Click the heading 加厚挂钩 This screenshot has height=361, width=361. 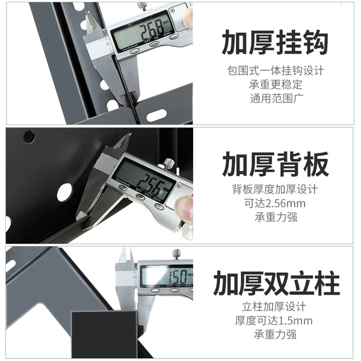275,43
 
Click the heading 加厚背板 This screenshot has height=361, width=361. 276,164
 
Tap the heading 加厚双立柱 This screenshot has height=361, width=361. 276,283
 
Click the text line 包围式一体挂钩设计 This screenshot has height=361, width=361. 276,70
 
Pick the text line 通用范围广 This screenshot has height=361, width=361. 277,98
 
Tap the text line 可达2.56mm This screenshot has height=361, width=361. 275,203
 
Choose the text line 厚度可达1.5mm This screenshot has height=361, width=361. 274,321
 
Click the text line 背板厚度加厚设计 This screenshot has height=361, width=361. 275,190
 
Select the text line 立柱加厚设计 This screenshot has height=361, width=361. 274,307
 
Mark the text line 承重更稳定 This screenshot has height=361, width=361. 276,84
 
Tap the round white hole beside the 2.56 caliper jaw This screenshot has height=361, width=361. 64,192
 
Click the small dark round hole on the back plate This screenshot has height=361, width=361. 29,137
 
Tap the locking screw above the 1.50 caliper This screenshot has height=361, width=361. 176,254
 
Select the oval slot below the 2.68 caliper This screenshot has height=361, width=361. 156,115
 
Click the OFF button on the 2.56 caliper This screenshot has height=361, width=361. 140,196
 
